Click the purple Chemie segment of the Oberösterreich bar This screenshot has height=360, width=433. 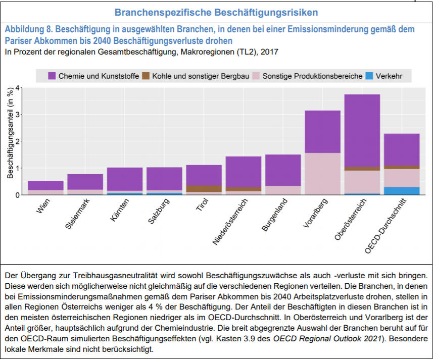point(362,130)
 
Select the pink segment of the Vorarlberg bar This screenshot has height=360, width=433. point(322,174)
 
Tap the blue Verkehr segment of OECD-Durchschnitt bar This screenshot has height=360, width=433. point(402,191)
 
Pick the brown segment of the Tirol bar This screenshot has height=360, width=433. point(204,189)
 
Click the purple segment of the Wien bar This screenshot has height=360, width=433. point(45,185)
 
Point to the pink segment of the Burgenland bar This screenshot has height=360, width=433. point(283,190)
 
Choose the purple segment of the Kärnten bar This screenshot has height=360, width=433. point(125,179)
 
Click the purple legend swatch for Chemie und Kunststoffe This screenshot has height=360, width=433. point(52,76)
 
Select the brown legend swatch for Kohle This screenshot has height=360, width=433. point(146,76)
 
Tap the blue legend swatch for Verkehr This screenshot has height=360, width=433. point(369,76)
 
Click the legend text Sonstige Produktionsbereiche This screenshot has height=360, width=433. point(312,76)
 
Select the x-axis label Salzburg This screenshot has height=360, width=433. point(159,211)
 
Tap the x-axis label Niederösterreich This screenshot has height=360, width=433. point(230,222)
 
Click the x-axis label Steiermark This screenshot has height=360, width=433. point(78,214)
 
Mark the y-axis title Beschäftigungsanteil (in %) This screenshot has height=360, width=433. point(10,133)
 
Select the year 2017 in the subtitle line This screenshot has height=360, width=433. point(269,52)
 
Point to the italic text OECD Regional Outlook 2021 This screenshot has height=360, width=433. point(327,338)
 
